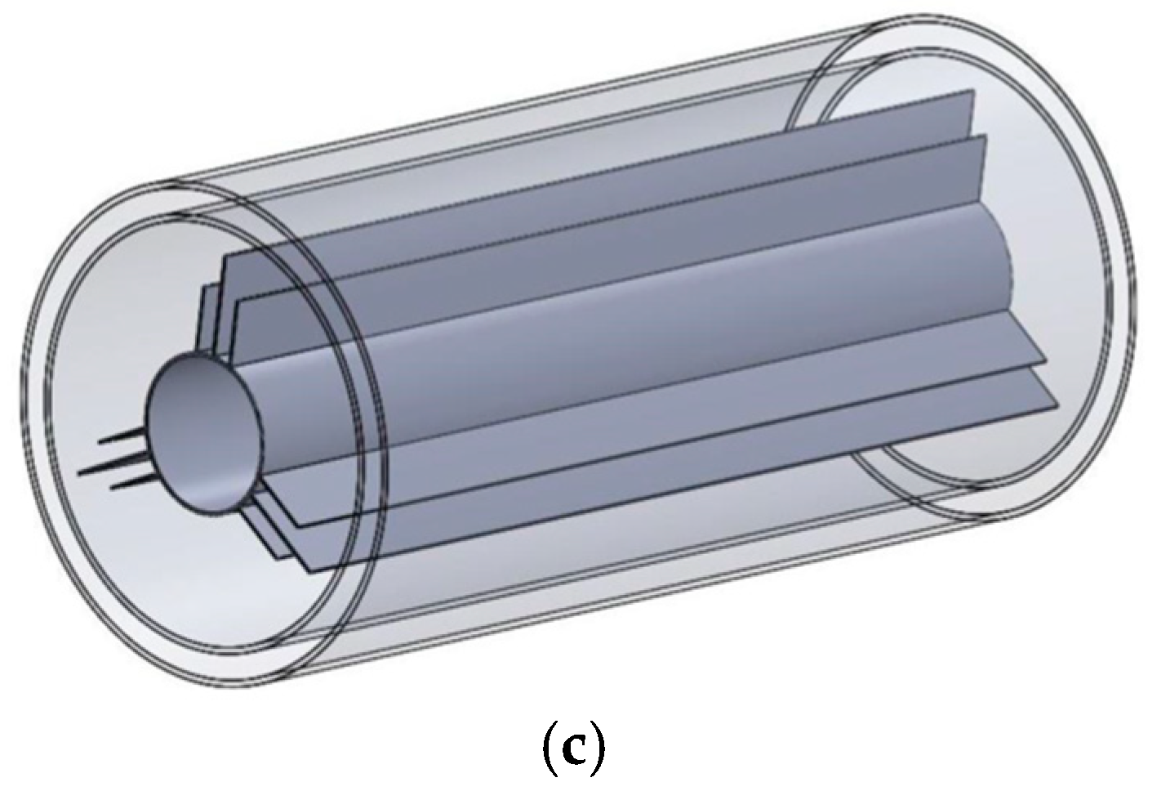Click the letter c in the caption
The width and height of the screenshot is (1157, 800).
[x=577, y=752]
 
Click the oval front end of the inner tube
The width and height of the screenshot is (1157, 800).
[x=204, y=432]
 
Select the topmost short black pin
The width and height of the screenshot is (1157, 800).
[x=122, y=439]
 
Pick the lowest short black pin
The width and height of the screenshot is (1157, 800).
[x=131, y=484]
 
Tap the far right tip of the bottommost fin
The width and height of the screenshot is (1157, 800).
[x=1059, y=406]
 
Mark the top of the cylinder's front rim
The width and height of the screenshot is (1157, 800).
[x=176, y=178]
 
